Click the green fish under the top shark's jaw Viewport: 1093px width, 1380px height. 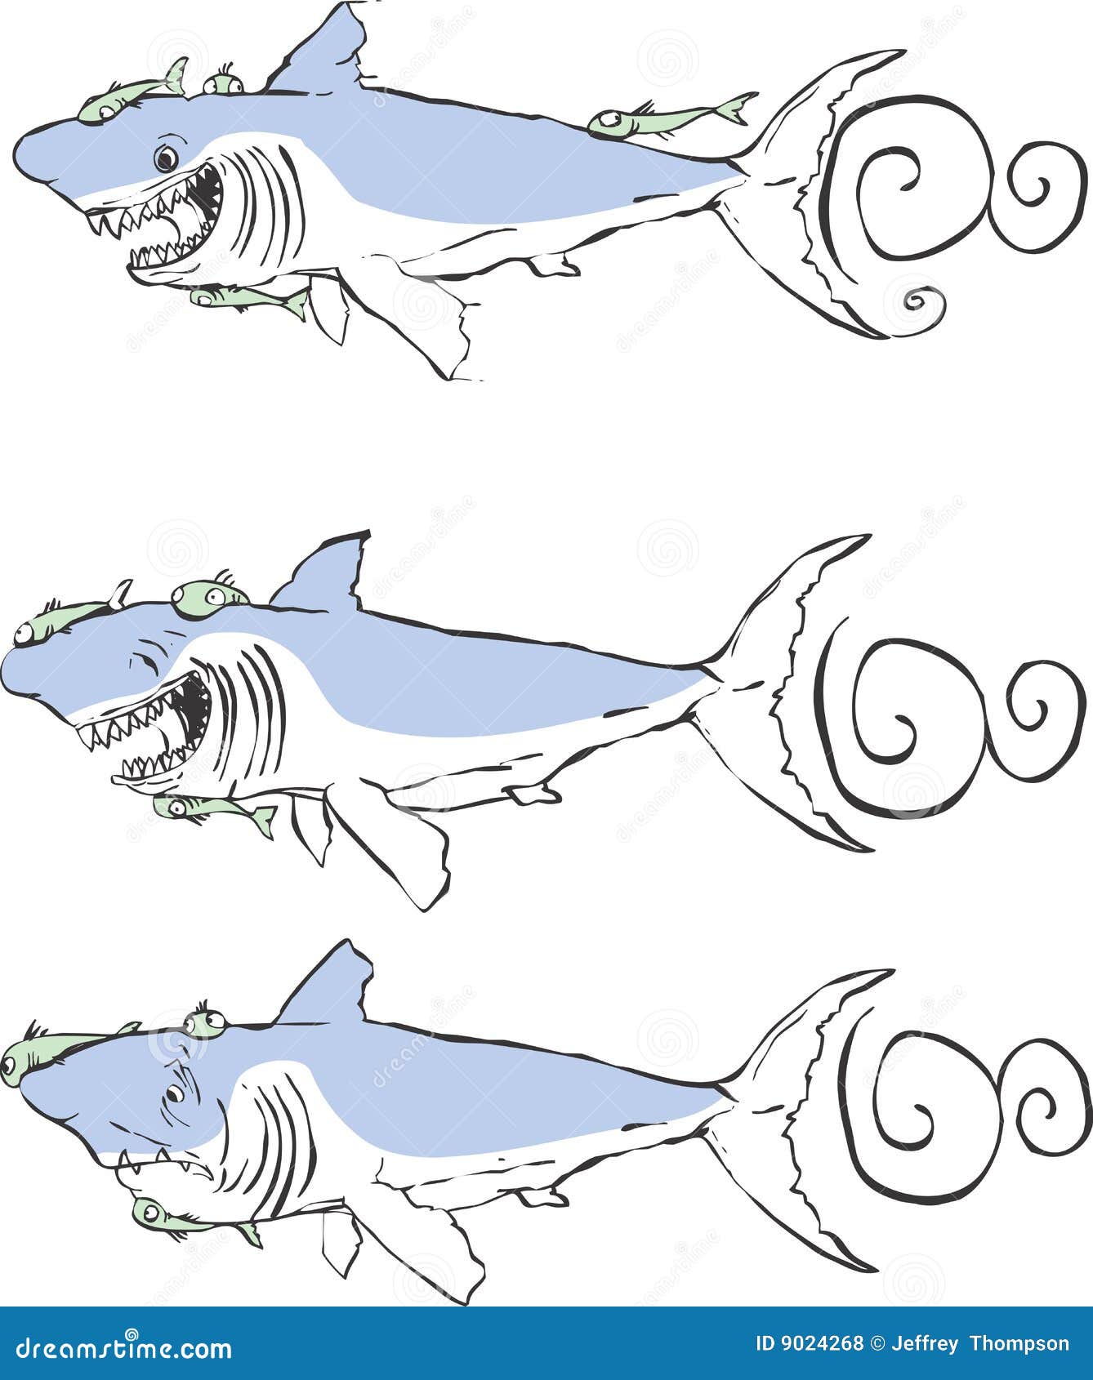click(x=249, y=298)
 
